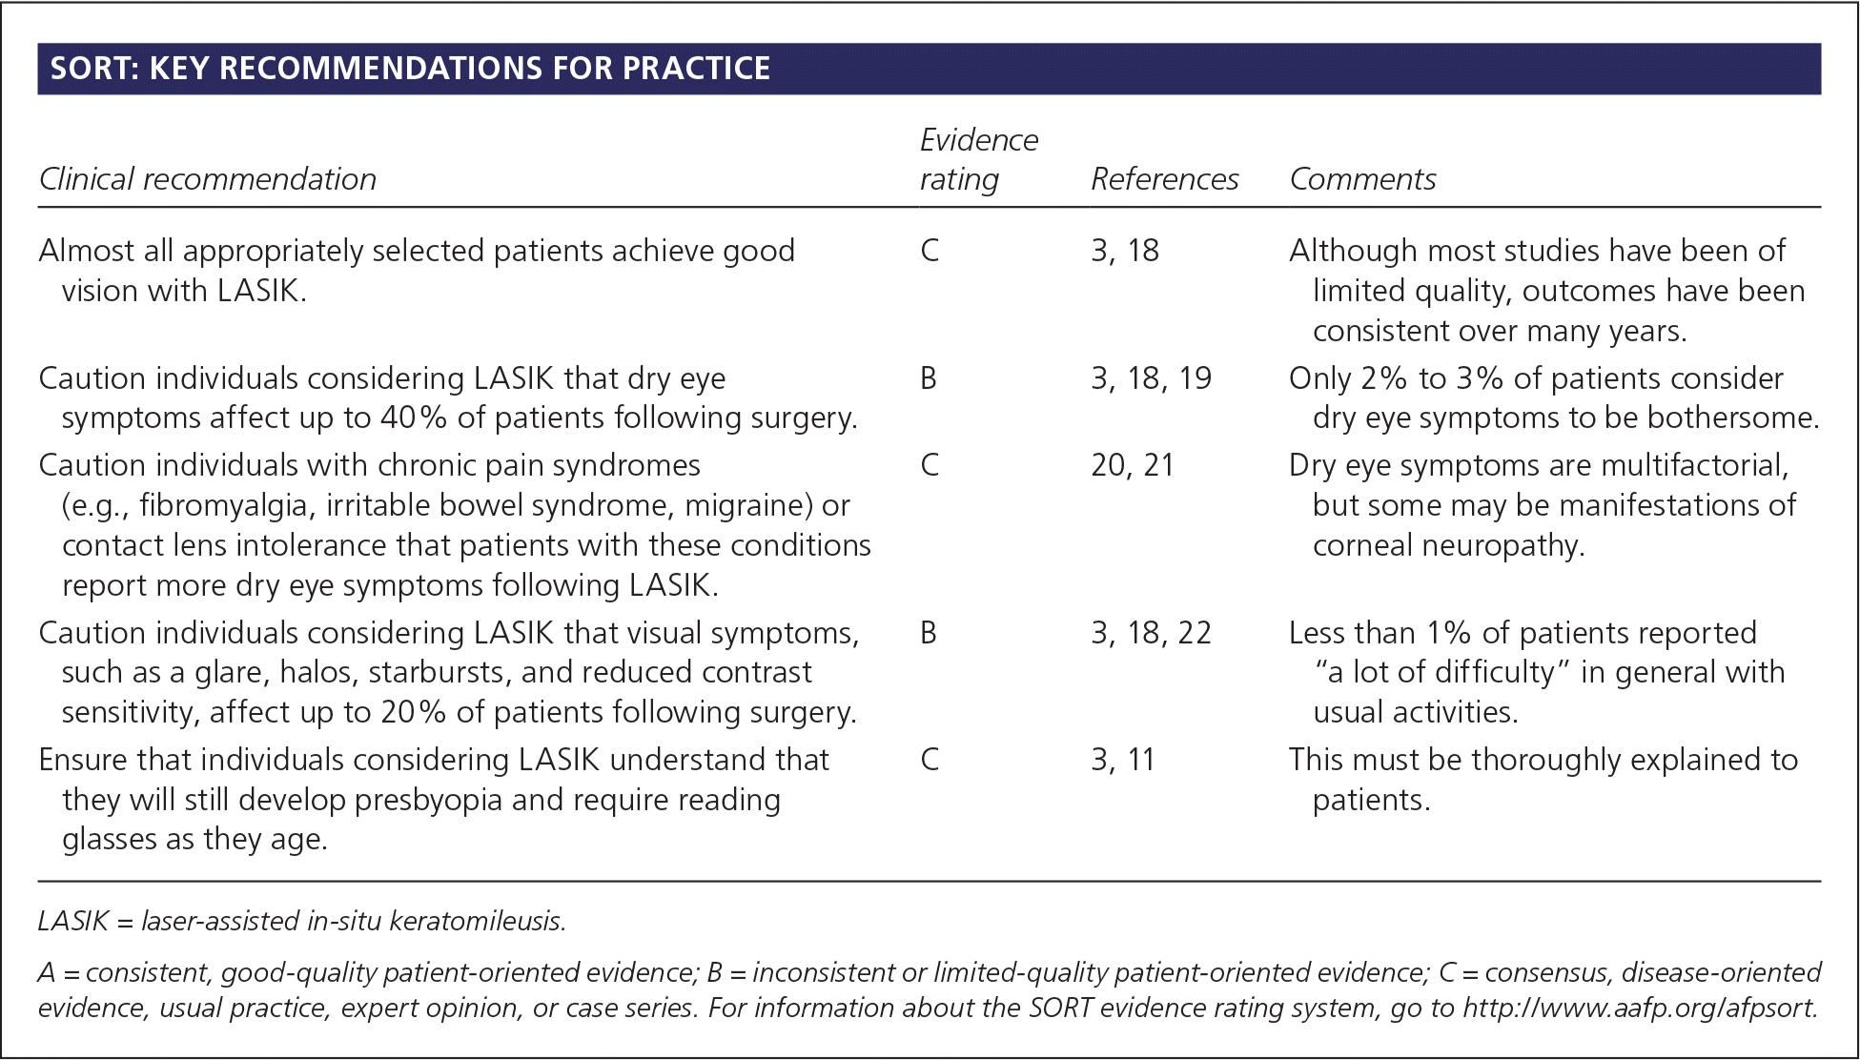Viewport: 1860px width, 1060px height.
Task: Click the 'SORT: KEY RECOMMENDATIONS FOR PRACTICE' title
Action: [x=410, y=69]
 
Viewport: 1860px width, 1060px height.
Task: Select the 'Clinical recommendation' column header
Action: [x=208, y=179]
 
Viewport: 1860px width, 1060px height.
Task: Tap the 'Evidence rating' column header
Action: [x=979, y=159]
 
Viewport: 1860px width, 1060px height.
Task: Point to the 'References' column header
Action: [x=1165, y=179]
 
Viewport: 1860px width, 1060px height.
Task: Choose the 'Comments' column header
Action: [x=1363, y=179]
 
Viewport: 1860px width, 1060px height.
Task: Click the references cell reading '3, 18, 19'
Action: [x=1152, y=378]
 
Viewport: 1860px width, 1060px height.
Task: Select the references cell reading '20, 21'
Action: [x=1133, y=465]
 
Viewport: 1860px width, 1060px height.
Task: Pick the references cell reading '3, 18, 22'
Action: [x=1152, y=633]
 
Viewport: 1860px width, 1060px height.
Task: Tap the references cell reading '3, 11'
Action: [x=1123, y=760]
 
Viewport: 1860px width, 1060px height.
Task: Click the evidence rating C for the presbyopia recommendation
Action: [x=930, y=760]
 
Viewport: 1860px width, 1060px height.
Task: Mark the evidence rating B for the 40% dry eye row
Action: [x=929, y=378]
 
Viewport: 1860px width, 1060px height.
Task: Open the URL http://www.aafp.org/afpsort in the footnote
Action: [x=1641, y=1009]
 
